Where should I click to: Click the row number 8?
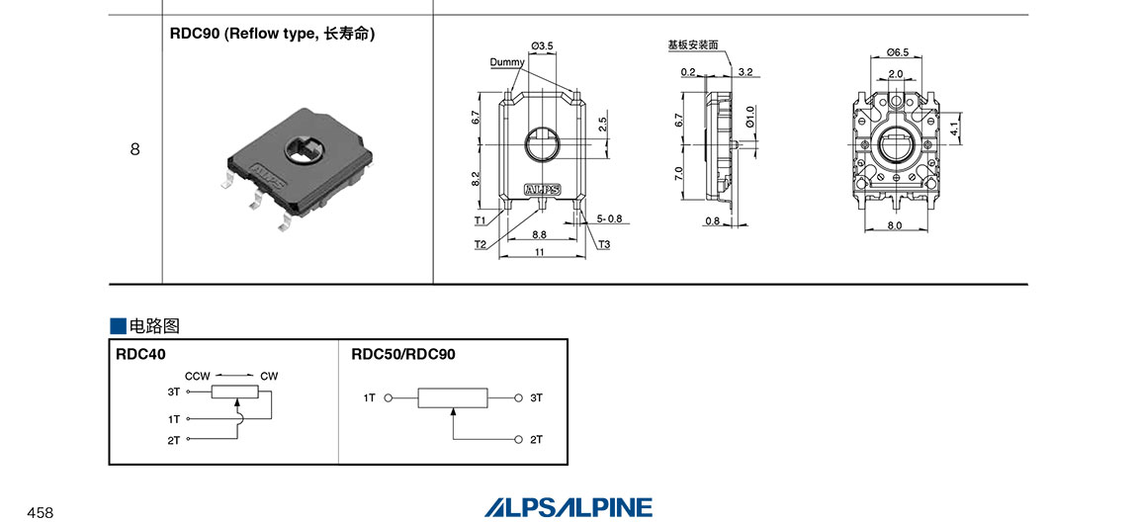134,150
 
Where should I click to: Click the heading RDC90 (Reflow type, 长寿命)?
273,34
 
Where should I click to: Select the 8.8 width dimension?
539,234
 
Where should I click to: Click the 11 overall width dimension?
539,254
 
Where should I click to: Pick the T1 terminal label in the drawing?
480,220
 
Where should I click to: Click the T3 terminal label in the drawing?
604,244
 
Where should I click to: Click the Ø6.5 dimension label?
898,51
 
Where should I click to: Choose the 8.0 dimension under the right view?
896,225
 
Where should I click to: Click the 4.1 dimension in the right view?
954,129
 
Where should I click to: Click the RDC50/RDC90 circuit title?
403,354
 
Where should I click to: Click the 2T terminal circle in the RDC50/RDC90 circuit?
518,439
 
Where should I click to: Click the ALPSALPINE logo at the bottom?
568,507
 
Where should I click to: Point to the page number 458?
40,512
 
